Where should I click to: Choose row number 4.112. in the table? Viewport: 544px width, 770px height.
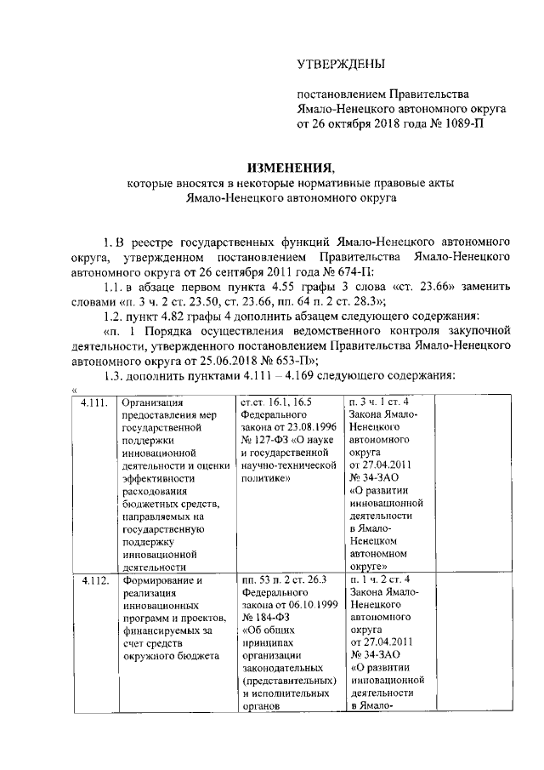click(95, 582)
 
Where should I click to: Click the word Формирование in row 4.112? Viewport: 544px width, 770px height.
click(157, 582)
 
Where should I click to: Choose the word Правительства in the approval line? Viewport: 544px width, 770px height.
click(430, 94)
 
